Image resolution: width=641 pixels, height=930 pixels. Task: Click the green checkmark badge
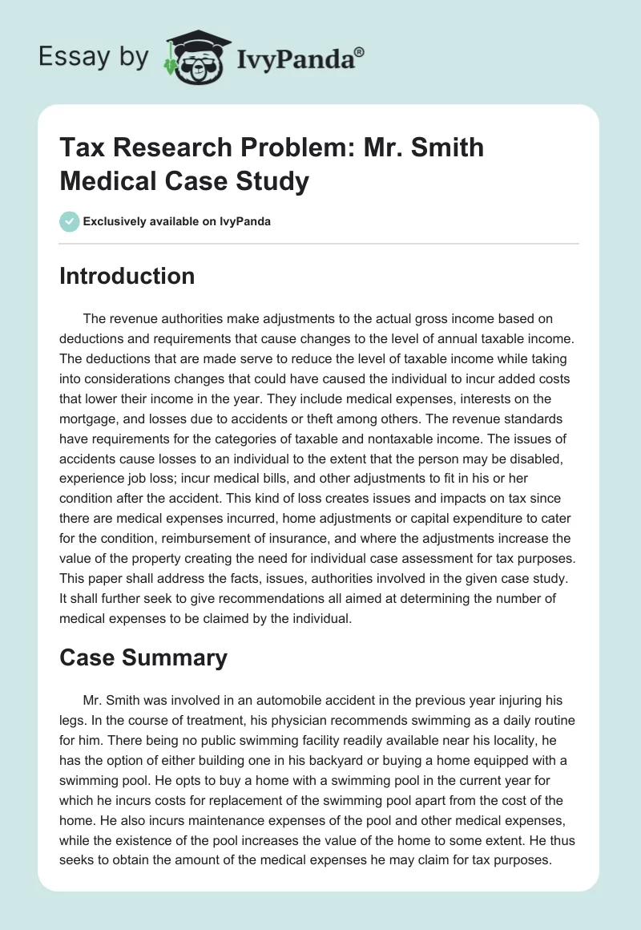pyautogui.click(x=69, y=221)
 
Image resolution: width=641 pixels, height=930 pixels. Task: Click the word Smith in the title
pyautogui.click(x=442, y=148)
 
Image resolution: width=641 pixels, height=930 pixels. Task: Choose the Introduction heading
pyautogui.click(x=127, y=276)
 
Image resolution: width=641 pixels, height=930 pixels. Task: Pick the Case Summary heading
pyautogui.click(x=143, y=657)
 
